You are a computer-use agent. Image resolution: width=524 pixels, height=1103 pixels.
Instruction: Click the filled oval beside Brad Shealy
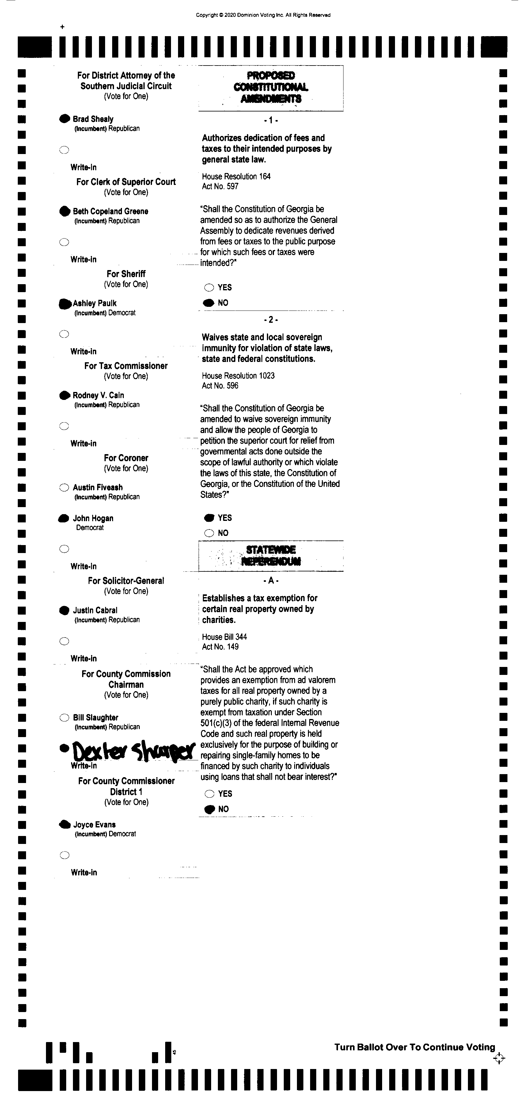(x=64, y=119)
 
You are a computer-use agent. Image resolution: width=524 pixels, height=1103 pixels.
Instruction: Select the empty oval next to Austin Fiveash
(x=64, y=487)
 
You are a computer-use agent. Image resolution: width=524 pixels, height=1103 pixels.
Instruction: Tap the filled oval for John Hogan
(x=64, y=518)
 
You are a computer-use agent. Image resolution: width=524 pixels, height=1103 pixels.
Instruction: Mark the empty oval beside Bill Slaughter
(x=64, y=718)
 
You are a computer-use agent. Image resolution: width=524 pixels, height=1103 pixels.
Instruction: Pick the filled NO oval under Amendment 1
(x=209, y=303)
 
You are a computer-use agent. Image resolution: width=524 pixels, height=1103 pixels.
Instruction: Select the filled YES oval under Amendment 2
(x=209, y=518)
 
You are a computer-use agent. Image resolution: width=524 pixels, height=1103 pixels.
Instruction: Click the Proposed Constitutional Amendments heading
(x=271, y=87)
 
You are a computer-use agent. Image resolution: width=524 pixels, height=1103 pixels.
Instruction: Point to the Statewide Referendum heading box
(x=271, y=555)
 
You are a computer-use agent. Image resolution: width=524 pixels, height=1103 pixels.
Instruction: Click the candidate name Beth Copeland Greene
(x=111, y=211)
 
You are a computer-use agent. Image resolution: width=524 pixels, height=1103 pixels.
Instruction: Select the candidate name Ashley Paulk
(x=95, y=303)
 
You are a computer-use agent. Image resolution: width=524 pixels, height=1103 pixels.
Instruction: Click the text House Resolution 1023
(x=238, y=375)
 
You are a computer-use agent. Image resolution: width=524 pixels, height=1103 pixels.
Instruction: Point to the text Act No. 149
(x=220, y=646)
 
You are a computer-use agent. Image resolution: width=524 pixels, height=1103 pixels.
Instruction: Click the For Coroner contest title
(x=126, y=458)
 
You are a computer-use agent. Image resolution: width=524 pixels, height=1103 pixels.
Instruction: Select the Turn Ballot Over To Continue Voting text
(x=414, y=1047)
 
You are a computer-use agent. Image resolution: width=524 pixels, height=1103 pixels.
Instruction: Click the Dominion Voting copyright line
(x=263, y=15)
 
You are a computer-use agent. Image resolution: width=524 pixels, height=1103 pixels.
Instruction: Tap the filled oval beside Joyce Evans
(x=64, y=824)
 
